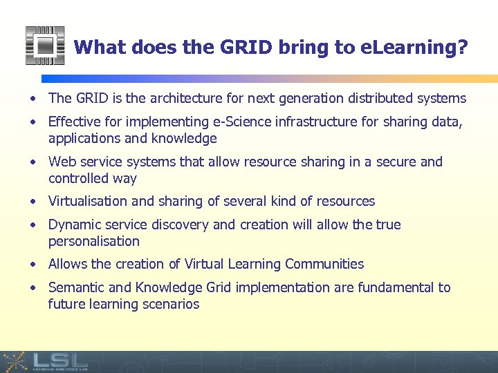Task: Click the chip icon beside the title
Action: (45, 46)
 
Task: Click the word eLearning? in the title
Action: (414, 48)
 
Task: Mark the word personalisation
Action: (94, 242)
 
